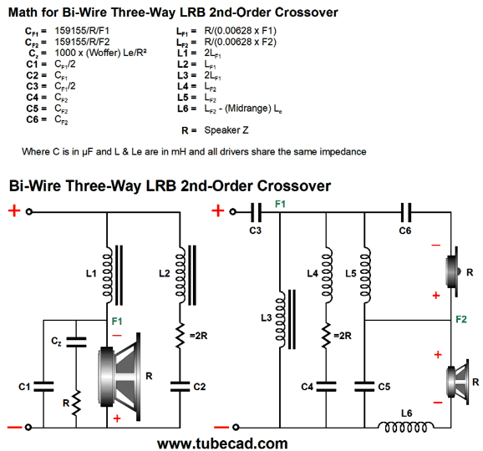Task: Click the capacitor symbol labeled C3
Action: click(x=256, y=212)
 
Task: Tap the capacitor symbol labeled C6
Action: click(x=405, y=212)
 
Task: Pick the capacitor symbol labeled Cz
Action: click(x=76, y=342)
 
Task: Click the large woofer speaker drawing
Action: click(x=119, y=377)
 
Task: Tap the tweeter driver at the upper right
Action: click(x=454, y=271)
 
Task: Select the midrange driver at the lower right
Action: click(x=458, y=382)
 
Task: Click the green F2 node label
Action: click(x=461, y=319)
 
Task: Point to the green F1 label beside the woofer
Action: click(x=117, y=322)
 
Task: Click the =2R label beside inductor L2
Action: click(x=198, y=336)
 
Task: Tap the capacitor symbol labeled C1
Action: click(x=43, y=387)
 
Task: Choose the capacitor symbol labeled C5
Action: click(x=364, y=387)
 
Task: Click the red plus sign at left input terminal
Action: click(x=14, y=211)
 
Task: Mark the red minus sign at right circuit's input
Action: click(x=221, y=427)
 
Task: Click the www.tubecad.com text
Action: click(x=222, y=443)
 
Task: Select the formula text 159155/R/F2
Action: click(x=82, y=42)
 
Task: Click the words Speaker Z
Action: click(x=226, y=130)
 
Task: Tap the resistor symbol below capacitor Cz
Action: click(x=76, y=402)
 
